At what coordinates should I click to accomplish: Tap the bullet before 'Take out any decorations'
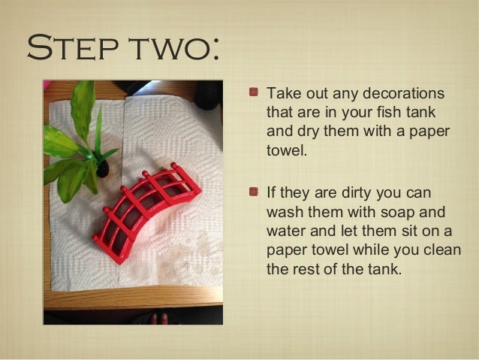254,92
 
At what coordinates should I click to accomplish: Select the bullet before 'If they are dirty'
254,192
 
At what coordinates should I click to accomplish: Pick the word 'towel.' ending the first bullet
286,150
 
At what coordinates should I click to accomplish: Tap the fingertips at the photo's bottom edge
159,319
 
